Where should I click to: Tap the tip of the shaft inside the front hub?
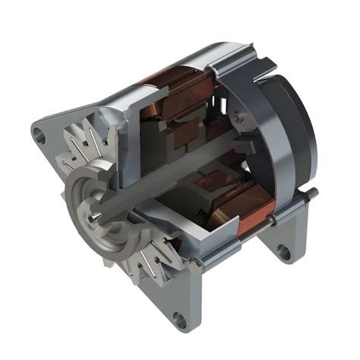point(91,217)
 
